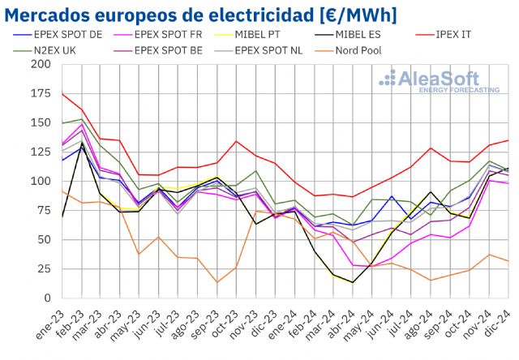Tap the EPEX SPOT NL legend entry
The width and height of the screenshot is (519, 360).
click(x=267, y=49)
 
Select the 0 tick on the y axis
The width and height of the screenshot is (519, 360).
click(x=48, y=298)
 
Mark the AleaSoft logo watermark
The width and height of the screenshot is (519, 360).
click(x=442, y=80)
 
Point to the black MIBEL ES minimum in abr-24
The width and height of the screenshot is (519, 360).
click(x=352, y=282)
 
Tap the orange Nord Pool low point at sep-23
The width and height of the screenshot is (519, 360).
click(x=217, y=282)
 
